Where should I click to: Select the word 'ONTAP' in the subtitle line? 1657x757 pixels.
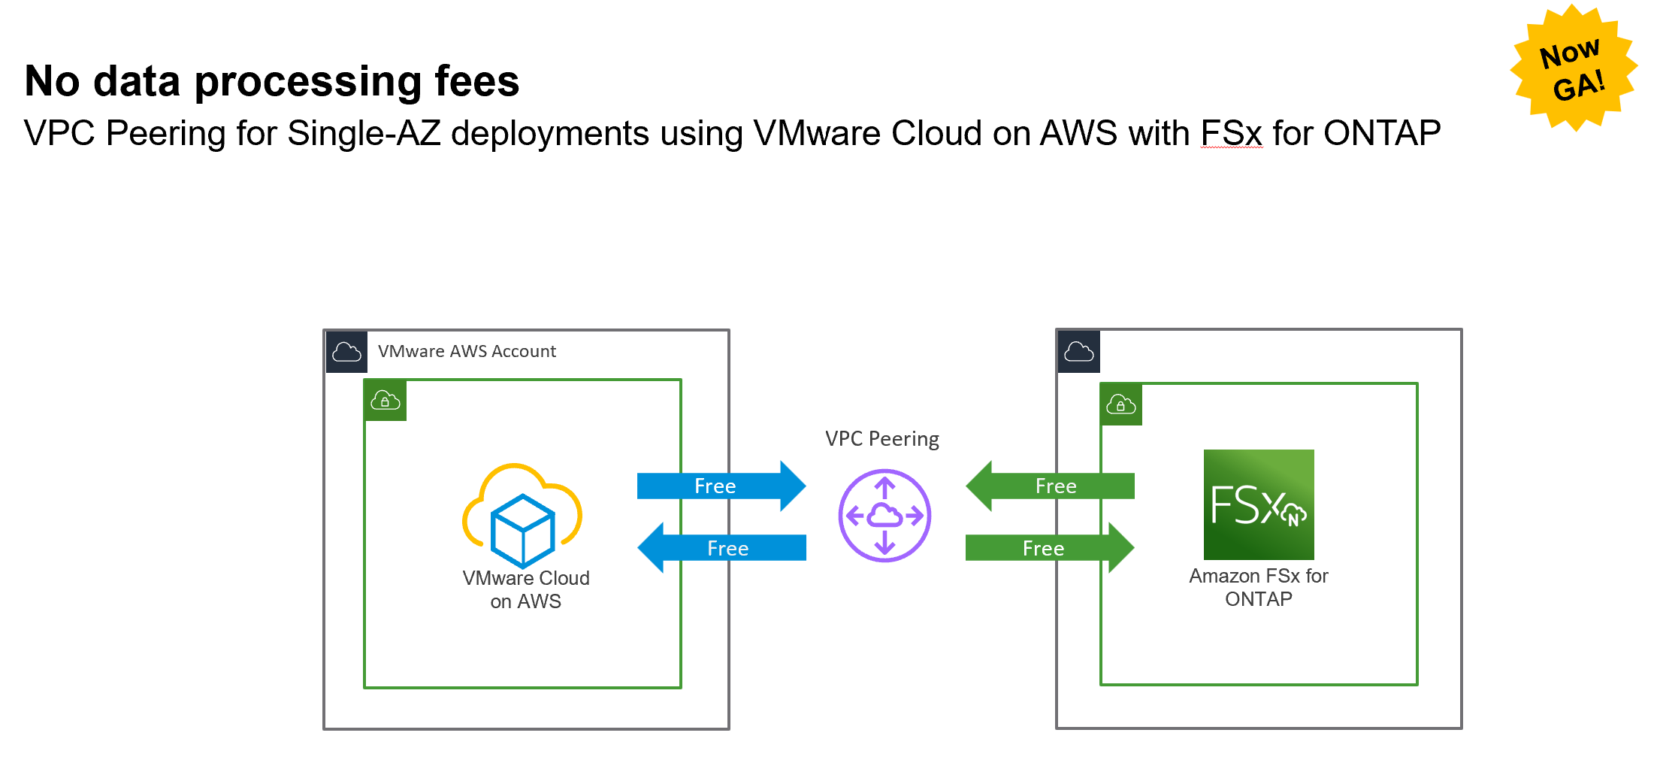1381,134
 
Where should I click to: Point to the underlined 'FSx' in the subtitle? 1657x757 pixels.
1231,134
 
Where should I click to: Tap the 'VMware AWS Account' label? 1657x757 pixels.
467,351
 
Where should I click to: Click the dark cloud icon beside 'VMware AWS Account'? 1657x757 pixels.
346,352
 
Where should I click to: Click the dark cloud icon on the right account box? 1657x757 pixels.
1078,352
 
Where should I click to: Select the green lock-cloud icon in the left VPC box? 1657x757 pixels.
386,401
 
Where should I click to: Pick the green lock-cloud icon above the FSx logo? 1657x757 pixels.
1120,405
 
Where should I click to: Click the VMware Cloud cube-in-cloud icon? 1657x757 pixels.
522,516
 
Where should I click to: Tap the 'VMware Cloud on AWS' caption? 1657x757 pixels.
525,589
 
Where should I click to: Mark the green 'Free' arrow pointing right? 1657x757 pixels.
1049,548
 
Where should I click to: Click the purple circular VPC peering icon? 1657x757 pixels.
884,516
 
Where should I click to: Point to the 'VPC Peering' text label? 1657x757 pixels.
881,439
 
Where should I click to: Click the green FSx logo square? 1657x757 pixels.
1259,504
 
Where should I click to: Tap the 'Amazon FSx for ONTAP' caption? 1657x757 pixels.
1259,587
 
